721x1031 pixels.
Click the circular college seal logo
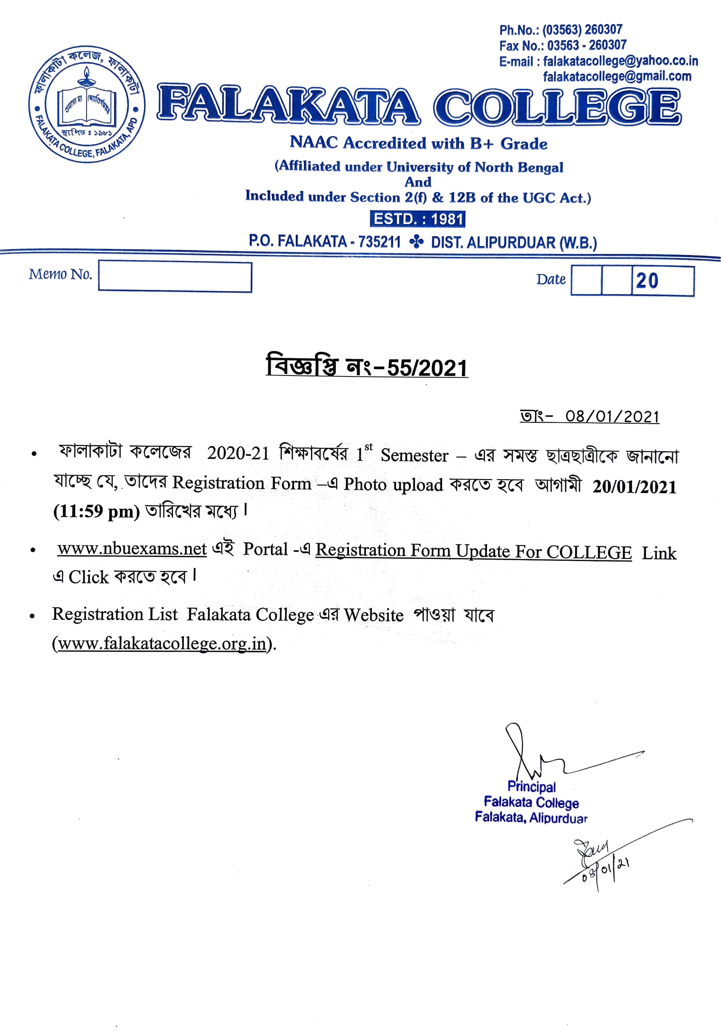point(87,104)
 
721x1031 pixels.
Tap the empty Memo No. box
point(175,277)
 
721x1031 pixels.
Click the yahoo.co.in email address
point(620,61)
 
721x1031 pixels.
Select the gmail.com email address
point(617,76)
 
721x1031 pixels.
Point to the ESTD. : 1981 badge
point(417,219)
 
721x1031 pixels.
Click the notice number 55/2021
point(427,368)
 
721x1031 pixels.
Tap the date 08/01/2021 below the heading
point(612,417)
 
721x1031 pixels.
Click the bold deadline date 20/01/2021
point(634,487)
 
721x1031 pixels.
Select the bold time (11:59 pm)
point(96,511)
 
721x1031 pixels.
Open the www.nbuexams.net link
point(132,549)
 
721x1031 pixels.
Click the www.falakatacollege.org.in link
point(162,644)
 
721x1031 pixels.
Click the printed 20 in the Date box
point(647,281)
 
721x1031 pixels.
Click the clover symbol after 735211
point(416,242)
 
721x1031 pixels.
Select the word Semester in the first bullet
point(414,455)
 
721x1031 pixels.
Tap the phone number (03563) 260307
point(582,30)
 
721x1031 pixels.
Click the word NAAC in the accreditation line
point(313,142)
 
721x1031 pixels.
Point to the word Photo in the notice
point(364,484)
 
